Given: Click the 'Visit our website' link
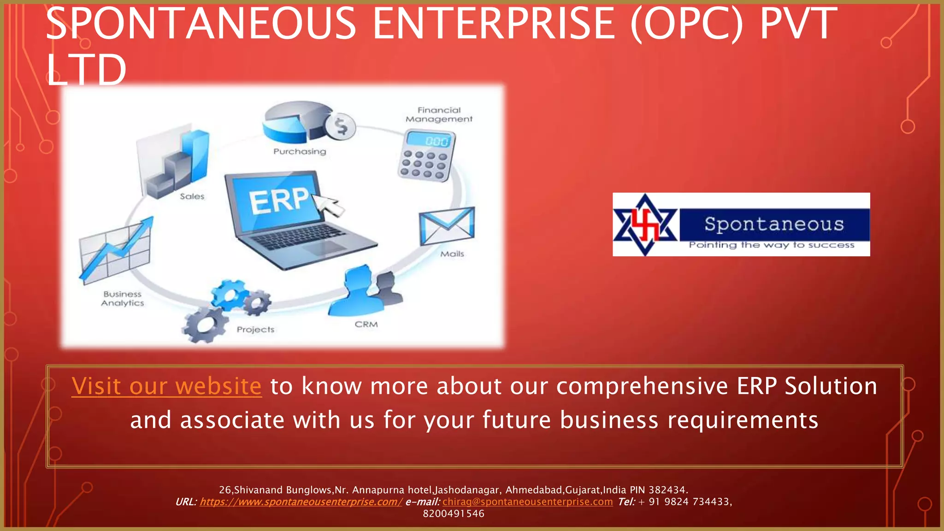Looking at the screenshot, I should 166,386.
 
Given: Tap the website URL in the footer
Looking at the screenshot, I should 301,501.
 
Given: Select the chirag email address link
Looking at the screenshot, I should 527,501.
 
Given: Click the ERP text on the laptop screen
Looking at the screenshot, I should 279,201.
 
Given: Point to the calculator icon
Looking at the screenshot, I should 426,155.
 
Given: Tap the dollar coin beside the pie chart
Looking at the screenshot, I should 341,126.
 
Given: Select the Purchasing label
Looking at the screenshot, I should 300,151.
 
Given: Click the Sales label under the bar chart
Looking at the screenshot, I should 192,196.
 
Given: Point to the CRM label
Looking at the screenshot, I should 366,324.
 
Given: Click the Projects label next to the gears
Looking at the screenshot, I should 255,330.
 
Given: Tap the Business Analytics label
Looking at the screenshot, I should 123,298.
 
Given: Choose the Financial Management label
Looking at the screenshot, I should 439,114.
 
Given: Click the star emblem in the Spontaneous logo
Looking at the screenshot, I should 645,224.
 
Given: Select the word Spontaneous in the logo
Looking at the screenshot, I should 774,224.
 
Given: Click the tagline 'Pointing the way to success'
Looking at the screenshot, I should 772,245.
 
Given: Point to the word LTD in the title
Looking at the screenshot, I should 86,70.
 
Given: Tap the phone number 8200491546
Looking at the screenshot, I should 454,513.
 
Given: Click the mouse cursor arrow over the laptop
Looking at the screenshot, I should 329,204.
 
